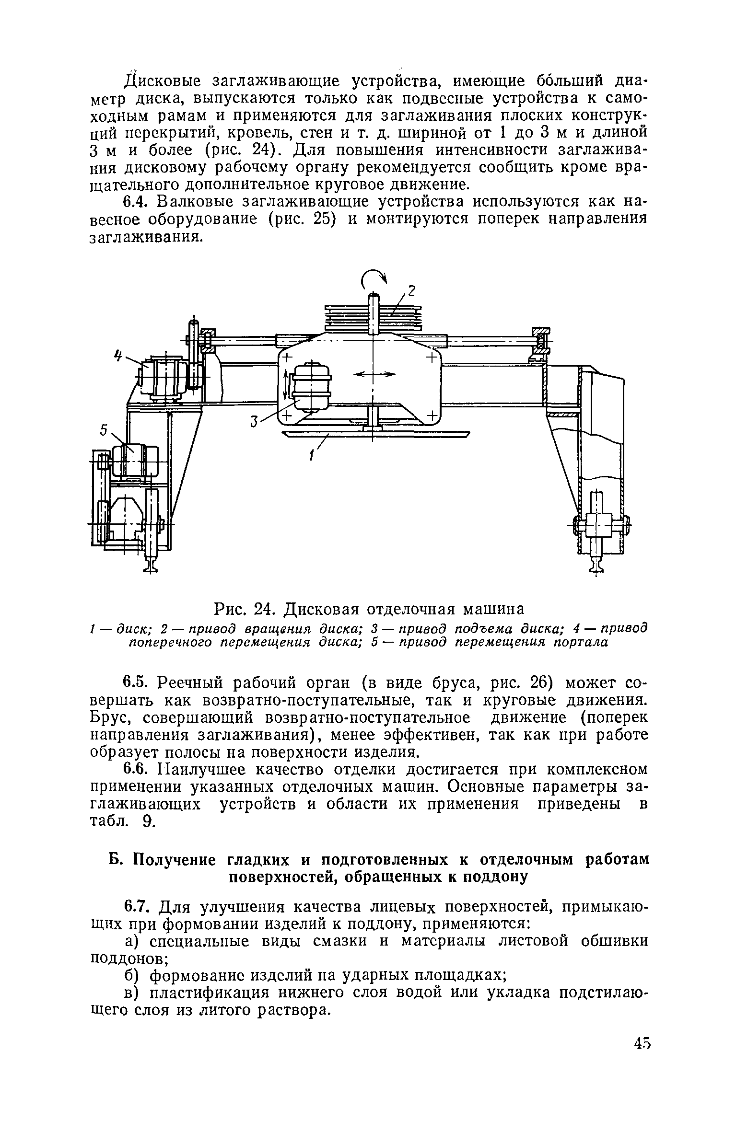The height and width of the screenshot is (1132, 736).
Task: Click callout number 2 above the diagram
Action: tap(410, 291)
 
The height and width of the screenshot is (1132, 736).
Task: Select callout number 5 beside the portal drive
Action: tap(103, 431)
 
